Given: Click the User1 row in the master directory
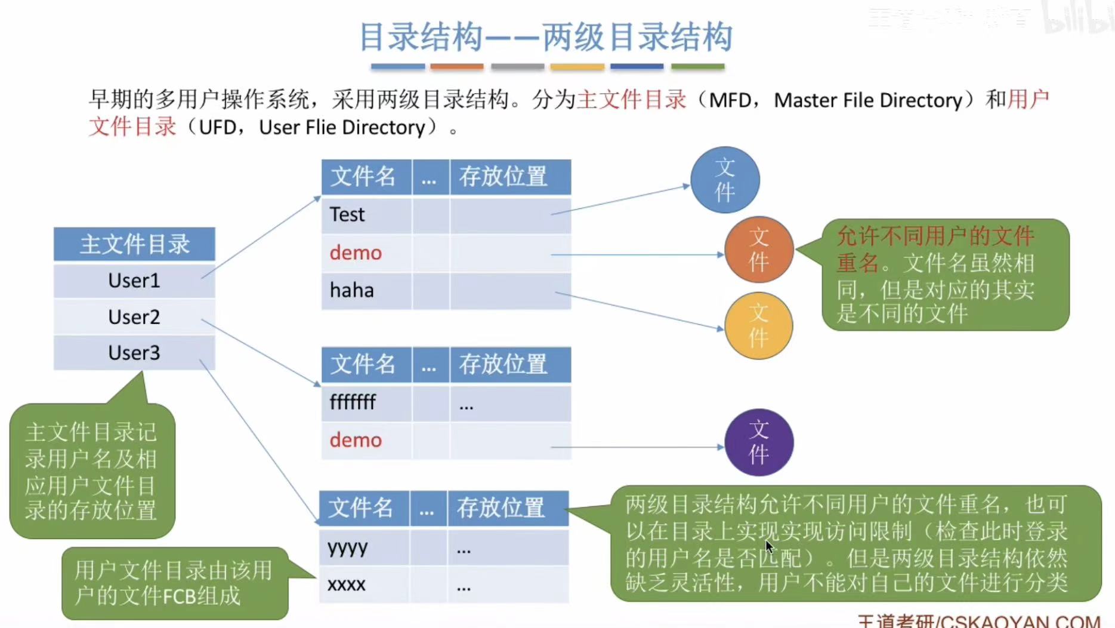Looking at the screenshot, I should point(134,281).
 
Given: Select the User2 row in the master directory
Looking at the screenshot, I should point(134,317).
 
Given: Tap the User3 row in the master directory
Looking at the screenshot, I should point(134,353).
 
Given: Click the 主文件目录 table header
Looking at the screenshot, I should point(134,244).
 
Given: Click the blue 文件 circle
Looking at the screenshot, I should point(725,180).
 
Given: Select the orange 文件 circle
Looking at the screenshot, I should point(759,250).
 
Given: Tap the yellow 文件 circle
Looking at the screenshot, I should point(759,326).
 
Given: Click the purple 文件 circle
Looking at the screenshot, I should point(759,442).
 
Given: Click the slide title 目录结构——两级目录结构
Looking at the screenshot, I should point(545,37).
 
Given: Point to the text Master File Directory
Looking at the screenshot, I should point(868,100).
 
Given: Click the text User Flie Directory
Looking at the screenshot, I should point(342,128).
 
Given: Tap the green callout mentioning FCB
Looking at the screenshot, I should point(174,583).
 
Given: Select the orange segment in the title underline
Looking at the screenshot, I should point(457,67).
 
